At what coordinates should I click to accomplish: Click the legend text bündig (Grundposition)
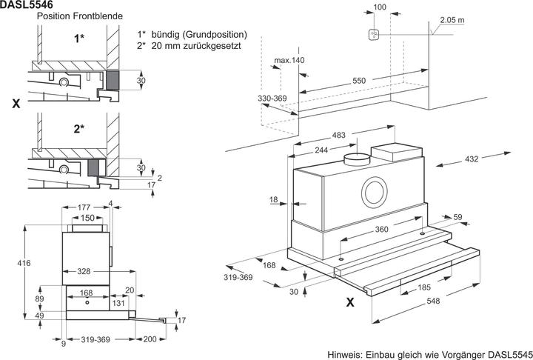pos(200,35)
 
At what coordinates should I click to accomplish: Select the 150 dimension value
pos(88,218)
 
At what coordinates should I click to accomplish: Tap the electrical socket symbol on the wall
pos(375,34)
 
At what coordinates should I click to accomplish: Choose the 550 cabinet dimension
pos(359,80)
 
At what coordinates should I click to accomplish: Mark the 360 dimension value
pos(381,230)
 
